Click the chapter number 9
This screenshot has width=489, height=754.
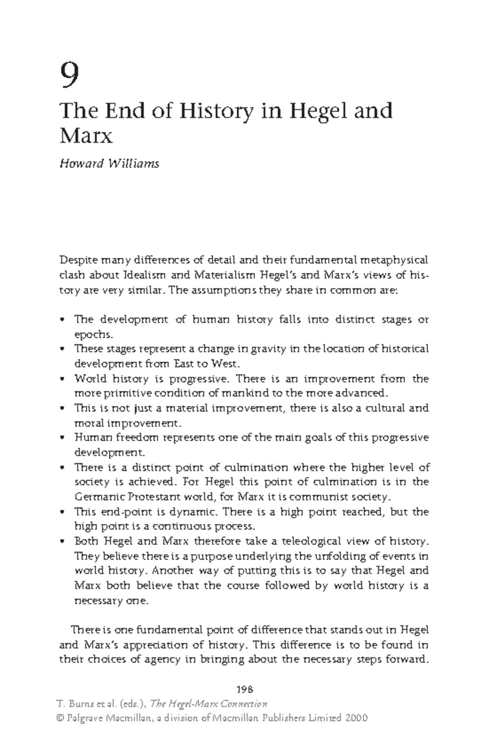[69, 75]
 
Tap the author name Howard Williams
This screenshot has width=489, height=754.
[109, 164]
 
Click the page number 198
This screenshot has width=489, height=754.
[244, 689]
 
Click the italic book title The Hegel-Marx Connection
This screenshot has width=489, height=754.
[209, 704]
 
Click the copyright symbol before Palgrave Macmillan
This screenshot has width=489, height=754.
[62, 718]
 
